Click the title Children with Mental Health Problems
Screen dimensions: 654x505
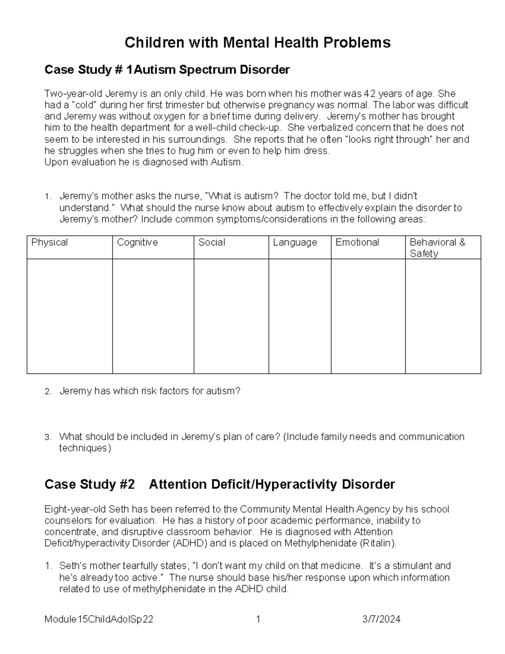tap(257, 43)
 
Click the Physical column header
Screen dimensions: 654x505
tap(50, 243)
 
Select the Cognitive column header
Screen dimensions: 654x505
tap(137, 243)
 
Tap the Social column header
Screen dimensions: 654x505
tap(212, 243)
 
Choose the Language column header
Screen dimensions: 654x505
tap(295, 243)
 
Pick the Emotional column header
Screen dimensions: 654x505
tap(357, 243)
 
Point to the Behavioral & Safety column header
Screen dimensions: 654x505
tap(437, 248)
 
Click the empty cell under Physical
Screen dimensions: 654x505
tap(69, 316)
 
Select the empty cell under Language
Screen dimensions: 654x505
tap(300, 316)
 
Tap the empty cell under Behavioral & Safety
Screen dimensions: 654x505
tap(443, 316)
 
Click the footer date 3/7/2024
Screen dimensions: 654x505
tap(381, 619)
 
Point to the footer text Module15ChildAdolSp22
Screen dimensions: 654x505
tap(98, 619)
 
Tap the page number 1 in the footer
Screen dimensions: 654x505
tap(258, 619)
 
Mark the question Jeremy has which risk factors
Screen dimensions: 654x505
tap(150, 391)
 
